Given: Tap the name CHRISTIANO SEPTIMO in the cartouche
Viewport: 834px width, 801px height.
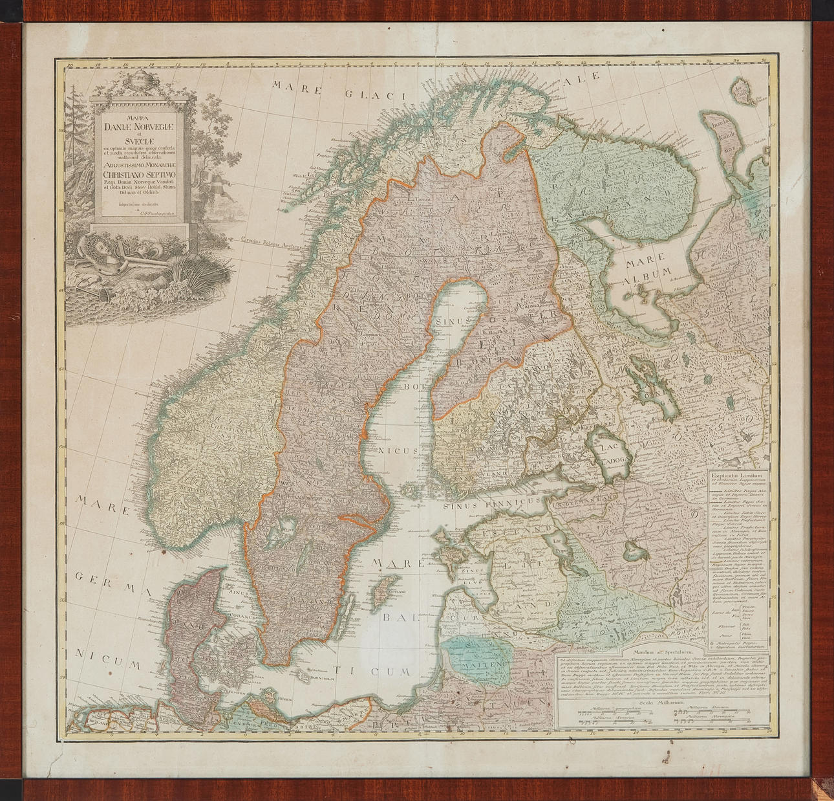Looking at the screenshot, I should click(139, 173).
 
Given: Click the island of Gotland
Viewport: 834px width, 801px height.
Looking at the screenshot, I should click(386, 589).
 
